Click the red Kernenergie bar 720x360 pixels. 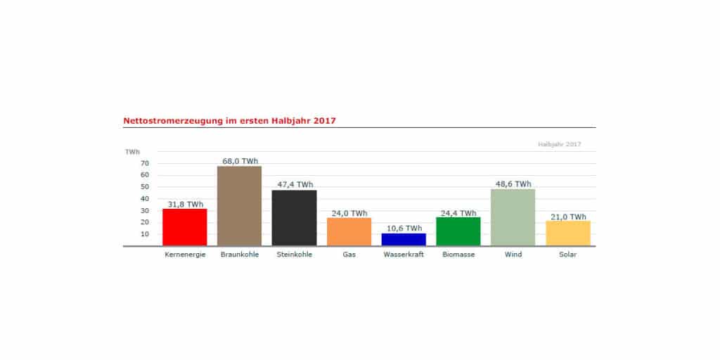pyautogui.click(x=184, y=227)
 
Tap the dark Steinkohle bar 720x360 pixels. pyautogui.click(x=294, y=218)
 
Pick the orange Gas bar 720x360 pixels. pyautogui.click(x=349, y=232)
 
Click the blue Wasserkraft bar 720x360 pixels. pyautogui.click(x=404, y=239)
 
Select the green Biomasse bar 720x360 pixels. pyautogui.click(x=458, y=231)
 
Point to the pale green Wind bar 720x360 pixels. pyautogui.click(x=513, y=217)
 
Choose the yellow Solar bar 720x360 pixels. pyautogui.click(x=568, y=233)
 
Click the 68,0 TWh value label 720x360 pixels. pyautogui.click(x=240, y=161)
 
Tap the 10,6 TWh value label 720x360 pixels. pyautogui.click(x=404, y=228)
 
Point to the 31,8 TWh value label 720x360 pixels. pyautogui.click(x=185, y=204)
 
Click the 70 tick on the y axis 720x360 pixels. pyautogui.click(x=145, y=163)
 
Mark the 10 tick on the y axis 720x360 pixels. pyautogui.click(x=145, y=234)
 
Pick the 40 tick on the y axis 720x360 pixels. pyautogui.click(x=145, y=199)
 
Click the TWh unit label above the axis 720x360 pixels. pyautogui.click(x=132, y=151)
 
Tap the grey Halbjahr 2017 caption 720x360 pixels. pyautogui.click(x=560, y=144)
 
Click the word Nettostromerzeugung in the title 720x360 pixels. pyautogui.click(x=166, y=120)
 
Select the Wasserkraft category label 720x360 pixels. pyautogui.click(x=404, y=255)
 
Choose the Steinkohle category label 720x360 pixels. pyautogui.click(x=294, y=255)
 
